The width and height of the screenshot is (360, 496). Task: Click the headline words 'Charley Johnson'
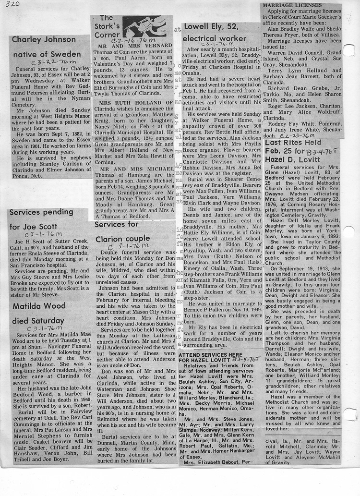[43, 39]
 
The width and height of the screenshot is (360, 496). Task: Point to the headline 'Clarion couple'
[122, 239]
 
